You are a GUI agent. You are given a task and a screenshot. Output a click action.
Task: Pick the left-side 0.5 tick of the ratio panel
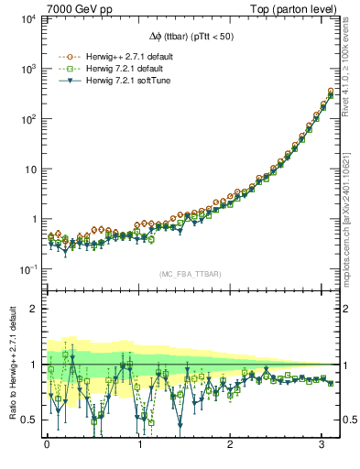point(28,420)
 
